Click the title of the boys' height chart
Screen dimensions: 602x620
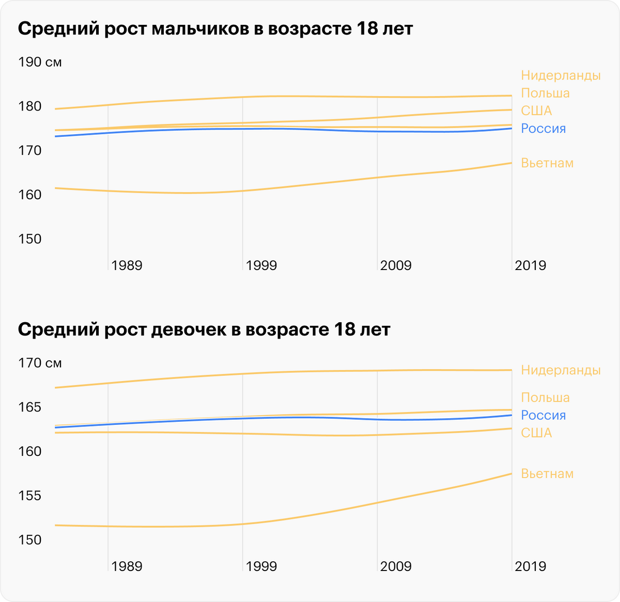pos(215,29)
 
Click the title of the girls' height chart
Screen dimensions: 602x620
pos(204,329)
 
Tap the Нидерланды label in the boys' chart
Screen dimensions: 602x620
pos(561,75)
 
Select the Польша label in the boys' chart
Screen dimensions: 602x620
pos(545,93)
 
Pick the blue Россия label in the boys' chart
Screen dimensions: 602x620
pos(543,129)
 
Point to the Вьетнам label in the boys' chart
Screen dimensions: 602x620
pos(547,163)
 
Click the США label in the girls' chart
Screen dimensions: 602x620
pos(536,433)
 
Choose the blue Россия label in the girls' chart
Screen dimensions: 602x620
pos(543,415)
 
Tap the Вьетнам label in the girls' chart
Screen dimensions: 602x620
pos(547,474)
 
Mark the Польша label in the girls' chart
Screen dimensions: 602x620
pos(545,398)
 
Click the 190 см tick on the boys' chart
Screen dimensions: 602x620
pos(40,62)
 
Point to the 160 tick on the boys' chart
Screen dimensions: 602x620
pos(29,195)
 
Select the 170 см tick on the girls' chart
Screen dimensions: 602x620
pos(40,363)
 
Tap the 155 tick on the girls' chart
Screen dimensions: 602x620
pos(29,496)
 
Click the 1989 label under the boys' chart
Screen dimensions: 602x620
pos(127,265)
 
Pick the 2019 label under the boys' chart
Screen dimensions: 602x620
pos(530,265)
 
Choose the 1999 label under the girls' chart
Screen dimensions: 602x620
pos(261,566)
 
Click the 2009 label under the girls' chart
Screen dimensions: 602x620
pos(396,566)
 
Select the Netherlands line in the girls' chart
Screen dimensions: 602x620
pos(310,372)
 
